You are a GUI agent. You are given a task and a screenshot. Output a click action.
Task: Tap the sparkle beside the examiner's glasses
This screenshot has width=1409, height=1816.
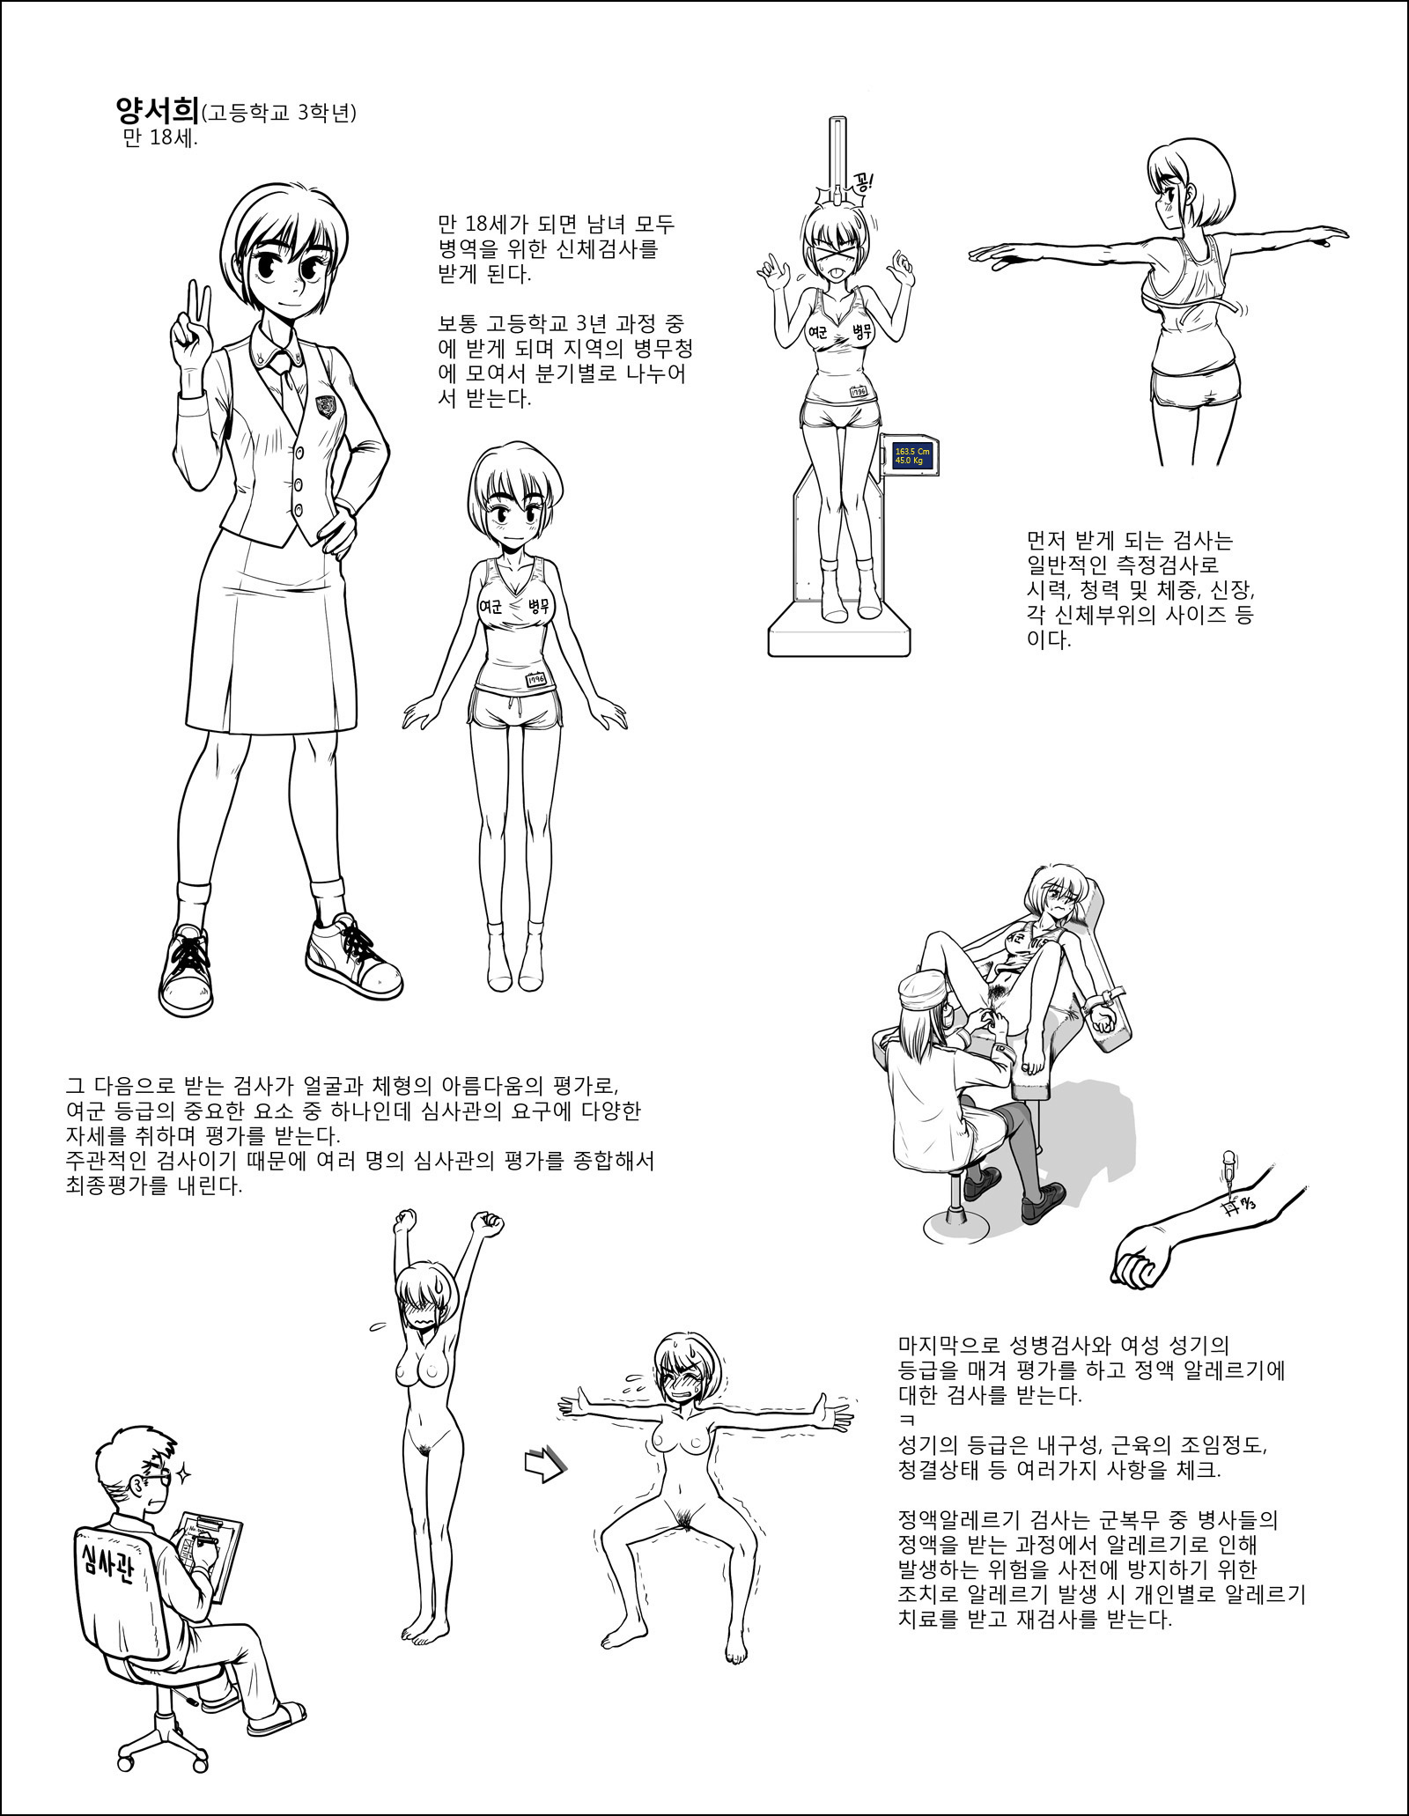186,1472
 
